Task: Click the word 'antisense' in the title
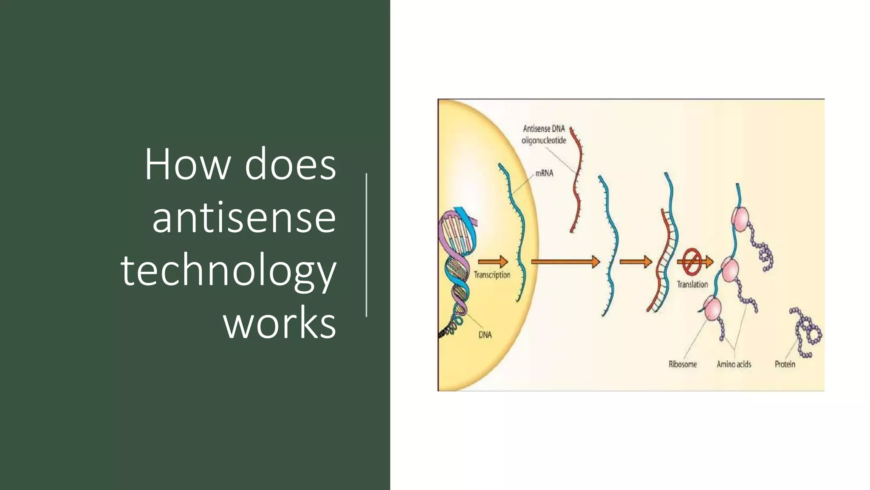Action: pos(244,218)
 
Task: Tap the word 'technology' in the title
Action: pos(229,271)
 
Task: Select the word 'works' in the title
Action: pos(280,324)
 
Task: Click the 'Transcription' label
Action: pos(492,275)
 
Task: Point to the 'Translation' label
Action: pos(692,284)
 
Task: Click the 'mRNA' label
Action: pos(544,174)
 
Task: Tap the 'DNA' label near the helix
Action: pos(485,335)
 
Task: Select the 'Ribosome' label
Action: pos(683,364)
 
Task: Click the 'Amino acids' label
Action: pos(734,364)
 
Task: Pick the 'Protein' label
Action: pos(785,364)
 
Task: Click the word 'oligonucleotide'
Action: pos(544,140)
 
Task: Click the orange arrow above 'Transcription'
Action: pos(493,262)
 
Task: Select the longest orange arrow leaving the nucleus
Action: pos(565,262)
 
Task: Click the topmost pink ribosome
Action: pos(740,219)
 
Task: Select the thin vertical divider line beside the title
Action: pos(366,245)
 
